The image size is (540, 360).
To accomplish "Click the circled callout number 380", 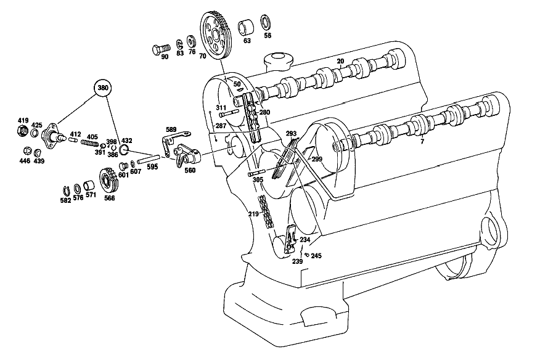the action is (x=103, y=88).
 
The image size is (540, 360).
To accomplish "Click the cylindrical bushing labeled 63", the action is (x=245, y=28).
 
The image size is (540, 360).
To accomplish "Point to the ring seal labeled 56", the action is (x=265, y=23).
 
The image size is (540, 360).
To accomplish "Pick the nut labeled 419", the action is (x=23, y=130).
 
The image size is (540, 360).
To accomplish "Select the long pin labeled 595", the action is (x=148, y=159).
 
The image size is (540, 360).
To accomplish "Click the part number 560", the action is (x=190, y=170).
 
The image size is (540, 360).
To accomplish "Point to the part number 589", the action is (x=171, y=129).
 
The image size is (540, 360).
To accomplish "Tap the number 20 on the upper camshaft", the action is (x=340, y=61).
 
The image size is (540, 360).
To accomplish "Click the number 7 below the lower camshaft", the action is (x=422, y=141).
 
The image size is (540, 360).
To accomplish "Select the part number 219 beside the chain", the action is (x=253, y=214).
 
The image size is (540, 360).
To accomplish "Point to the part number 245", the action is (x=316, y=256).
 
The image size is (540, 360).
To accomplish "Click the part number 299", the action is (x=317, y=159).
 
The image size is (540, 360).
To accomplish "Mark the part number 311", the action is (x=221, y=107).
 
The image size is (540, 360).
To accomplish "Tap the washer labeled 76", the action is (x=191, y=41).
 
